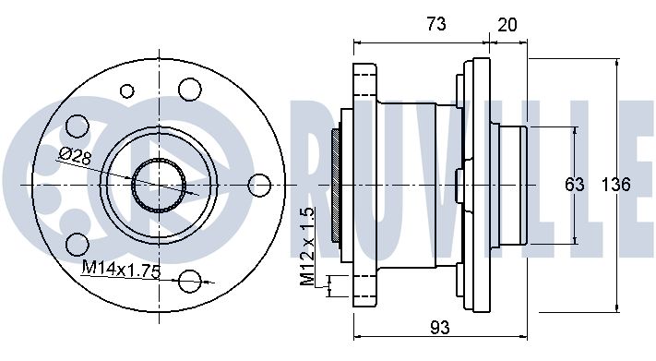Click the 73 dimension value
point(435,24)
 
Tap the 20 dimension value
point(507,25)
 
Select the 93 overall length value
point(440,327)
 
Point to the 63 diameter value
point(575,185)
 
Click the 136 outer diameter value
point(615,185)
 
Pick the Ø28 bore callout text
point(76,156)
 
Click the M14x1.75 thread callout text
point(121,269)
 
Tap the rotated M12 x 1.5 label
point(307,247)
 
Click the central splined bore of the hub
point(159,185)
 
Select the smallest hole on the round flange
point(126,90)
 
